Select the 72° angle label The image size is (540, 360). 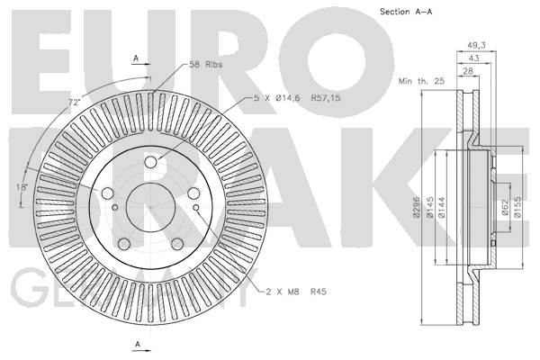[x=74, y=103]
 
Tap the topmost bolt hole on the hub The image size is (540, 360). [x=151, y=163]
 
